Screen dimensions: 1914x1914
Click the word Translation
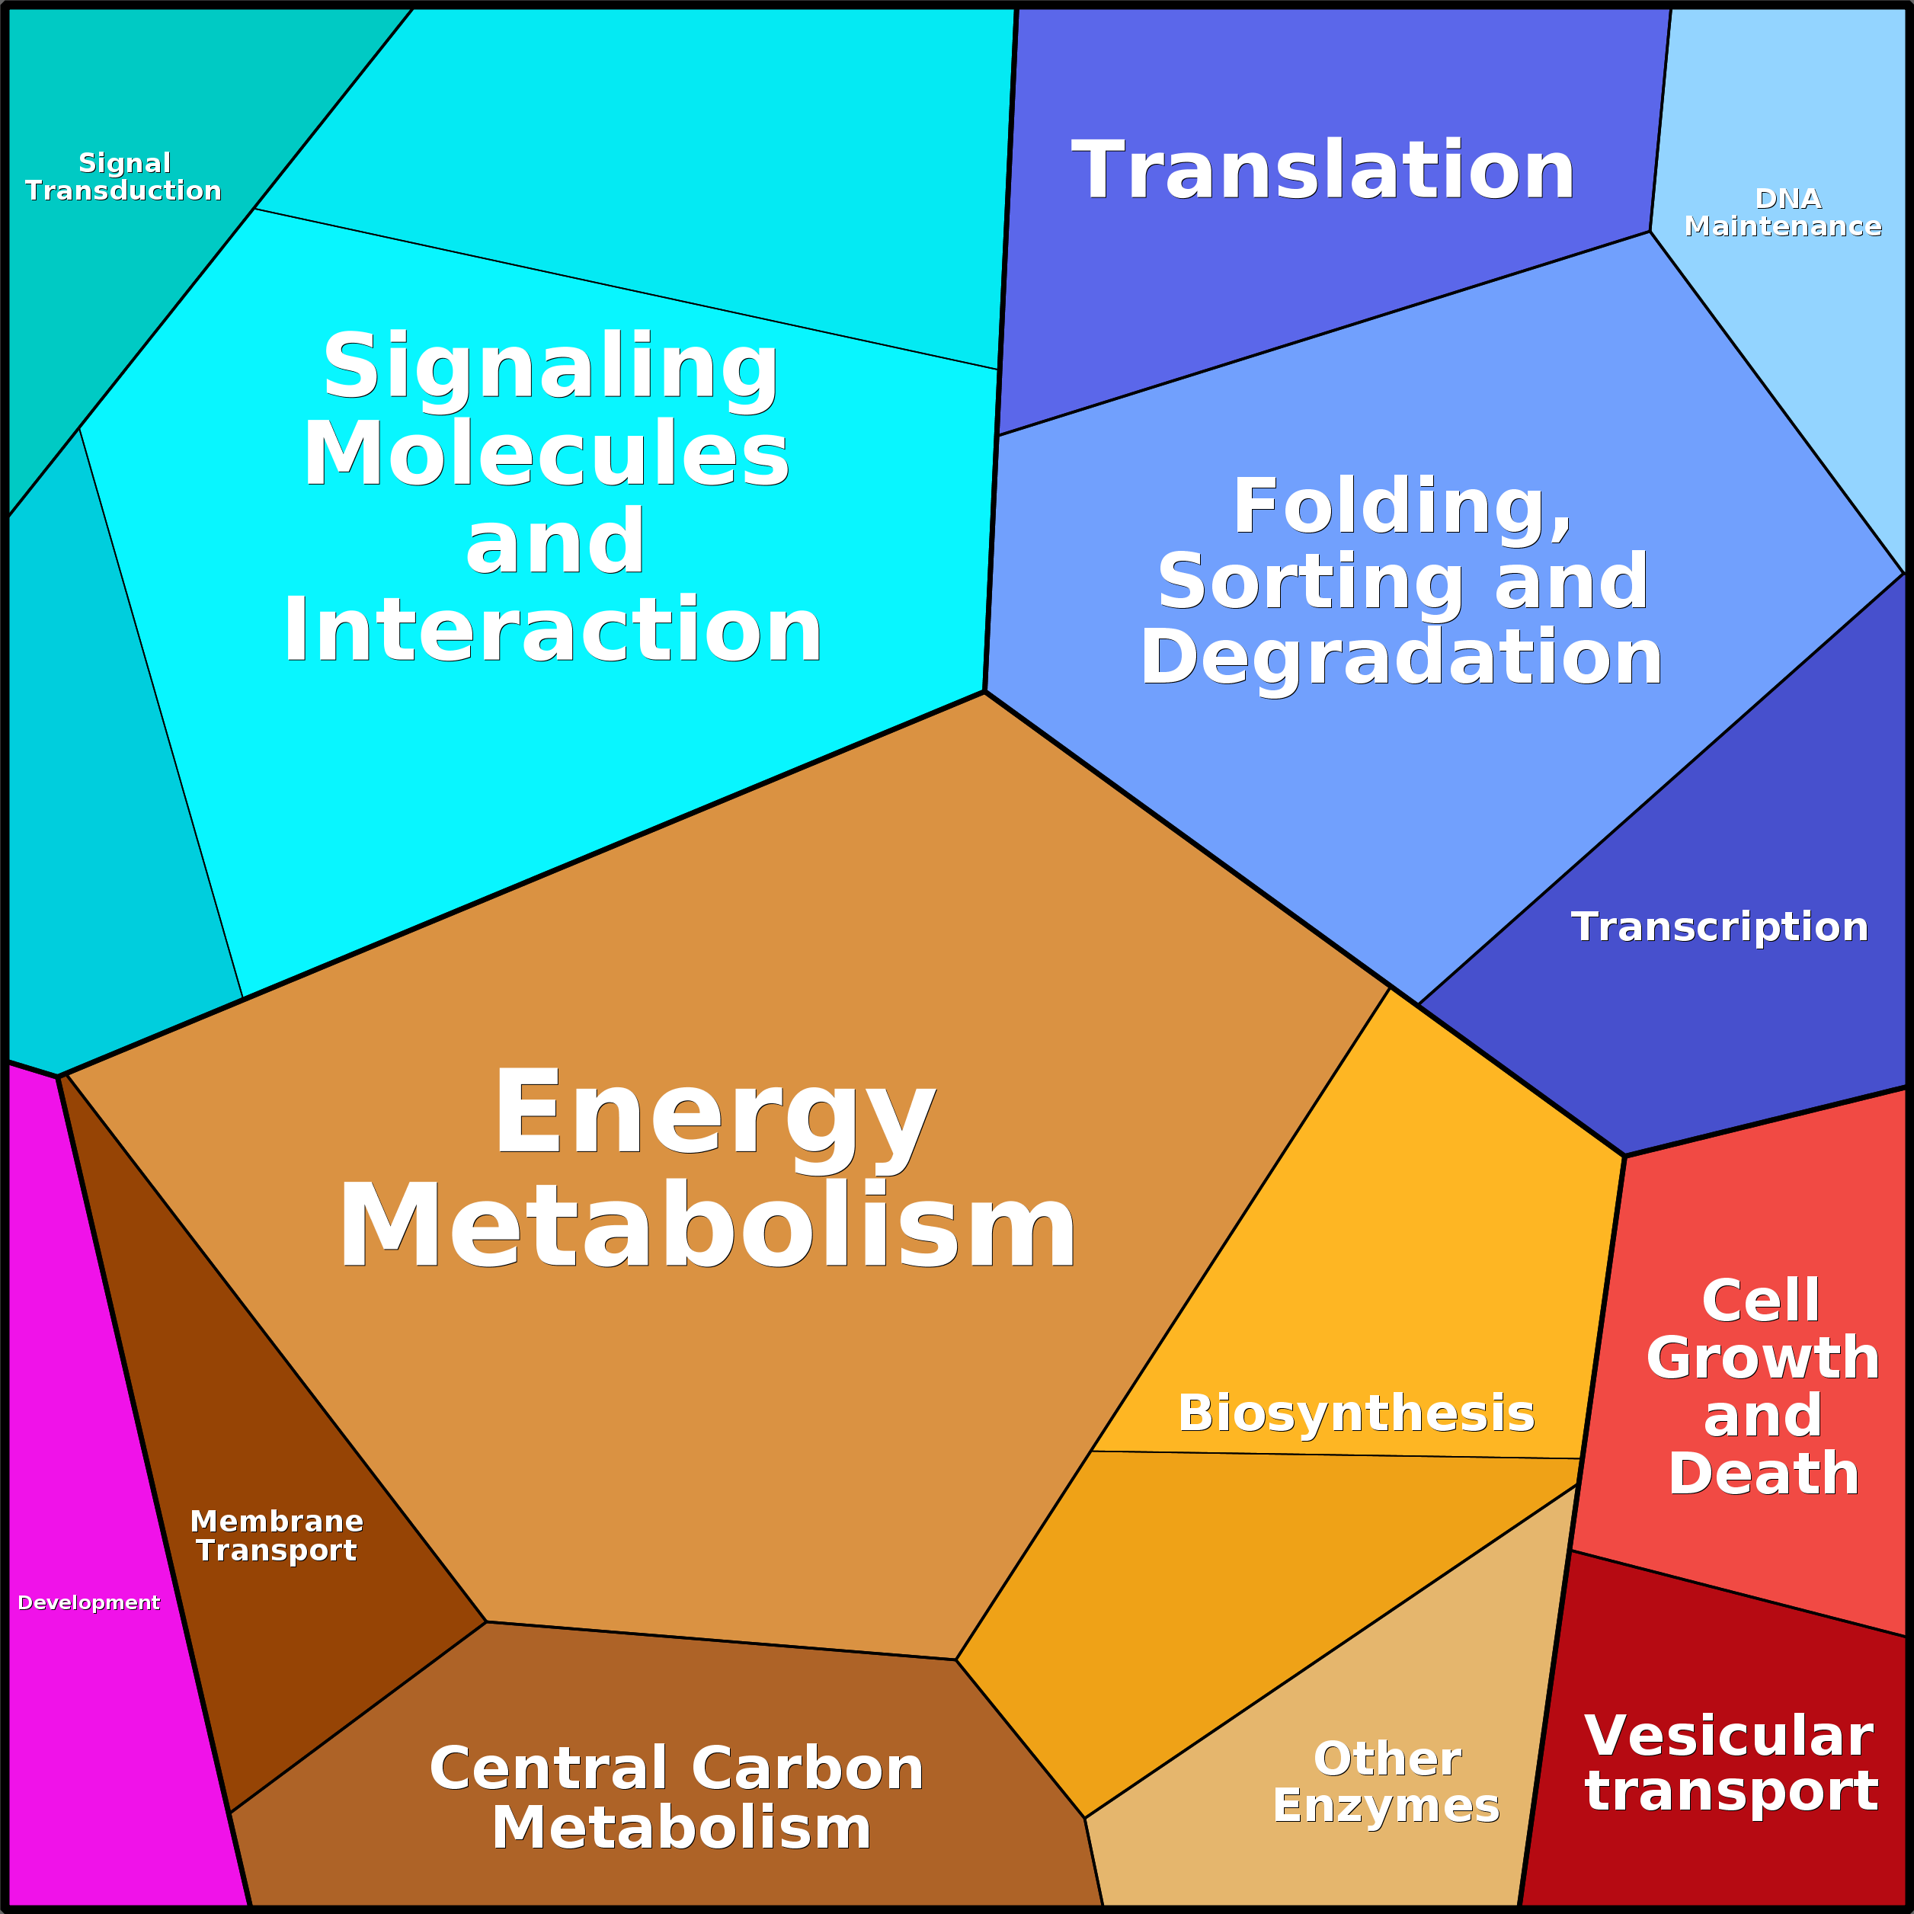[x=1323, y=171]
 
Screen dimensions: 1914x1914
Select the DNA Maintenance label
[x=1782, y=213]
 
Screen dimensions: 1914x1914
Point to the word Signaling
[x=551, y=366]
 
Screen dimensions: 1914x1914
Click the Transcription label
[x=1719, y=927]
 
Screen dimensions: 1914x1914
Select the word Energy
[x=713, y=1113]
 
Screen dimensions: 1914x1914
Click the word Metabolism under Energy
[x=707, y=1227]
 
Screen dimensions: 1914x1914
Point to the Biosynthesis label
[x=1355, y=1413]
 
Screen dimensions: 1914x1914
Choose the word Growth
[x=1762, y=1357]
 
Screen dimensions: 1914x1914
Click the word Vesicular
[x=1729, y=1736]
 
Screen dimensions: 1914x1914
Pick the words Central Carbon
[x=677, y=1768]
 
